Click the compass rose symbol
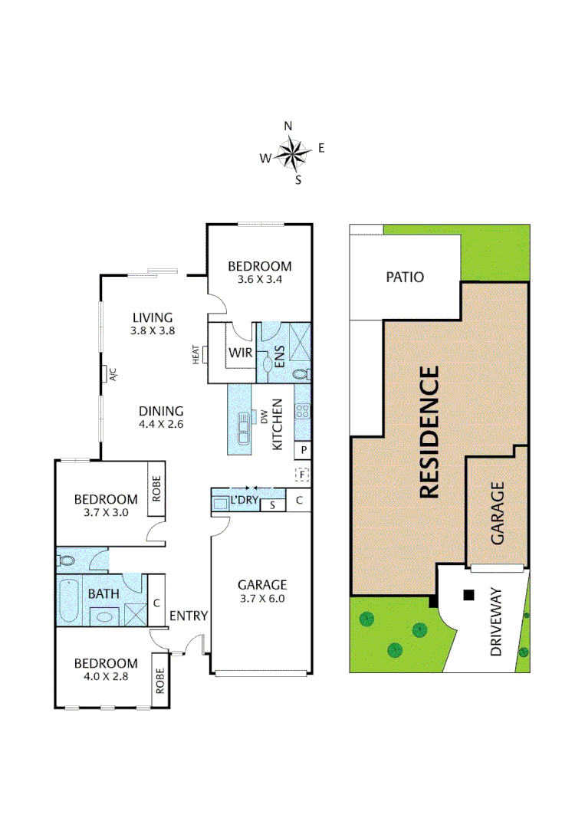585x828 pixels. tap(291, 153)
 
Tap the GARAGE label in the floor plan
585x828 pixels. tap(261, 585)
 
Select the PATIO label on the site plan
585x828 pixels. tap(405, 277)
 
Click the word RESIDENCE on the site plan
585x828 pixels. tap(429, 432)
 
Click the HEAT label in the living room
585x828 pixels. tap(196, 354)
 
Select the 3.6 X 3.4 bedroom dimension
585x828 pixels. tap(260, 280)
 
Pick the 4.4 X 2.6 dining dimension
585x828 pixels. tap(161, 423)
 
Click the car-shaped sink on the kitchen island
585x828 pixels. tap(243, 428)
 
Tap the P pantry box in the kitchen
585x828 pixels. tap(304, 450)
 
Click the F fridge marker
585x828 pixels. tap(303, 475)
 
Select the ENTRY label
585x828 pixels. tap(188, 615)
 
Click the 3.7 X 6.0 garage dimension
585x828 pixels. tap(261, 599)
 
